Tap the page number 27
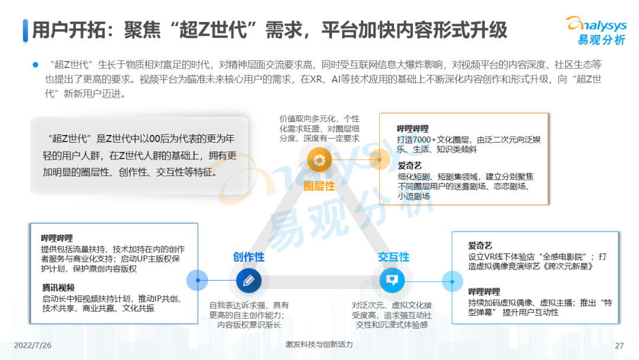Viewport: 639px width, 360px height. (x=619, y=346)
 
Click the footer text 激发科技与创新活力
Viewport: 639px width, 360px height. (x=318, y=345)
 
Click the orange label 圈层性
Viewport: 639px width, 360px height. (x=319, y=186)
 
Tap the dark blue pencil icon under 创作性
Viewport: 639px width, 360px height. (x=248, y=280)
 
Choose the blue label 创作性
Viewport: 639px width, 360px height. (x=248, y=257)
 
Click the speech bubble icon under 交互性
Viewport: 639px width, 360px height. (x=391, y=280)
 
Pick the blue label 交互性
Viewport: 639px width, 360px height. (x=393, y=257)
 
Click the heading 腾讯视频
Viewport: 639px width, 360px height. (x=57, y=288)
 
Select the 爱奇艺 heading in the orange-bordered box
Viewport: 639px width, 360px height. (x=409, y=165)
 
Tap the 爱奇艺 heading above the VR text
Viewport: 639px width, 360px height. (x=480, y=245)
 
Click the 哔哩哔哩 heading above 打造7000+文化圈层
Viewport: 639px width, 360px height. (x=413, y=128)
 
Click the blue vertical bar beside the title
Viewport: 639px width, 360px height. (x=25, y=30)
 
